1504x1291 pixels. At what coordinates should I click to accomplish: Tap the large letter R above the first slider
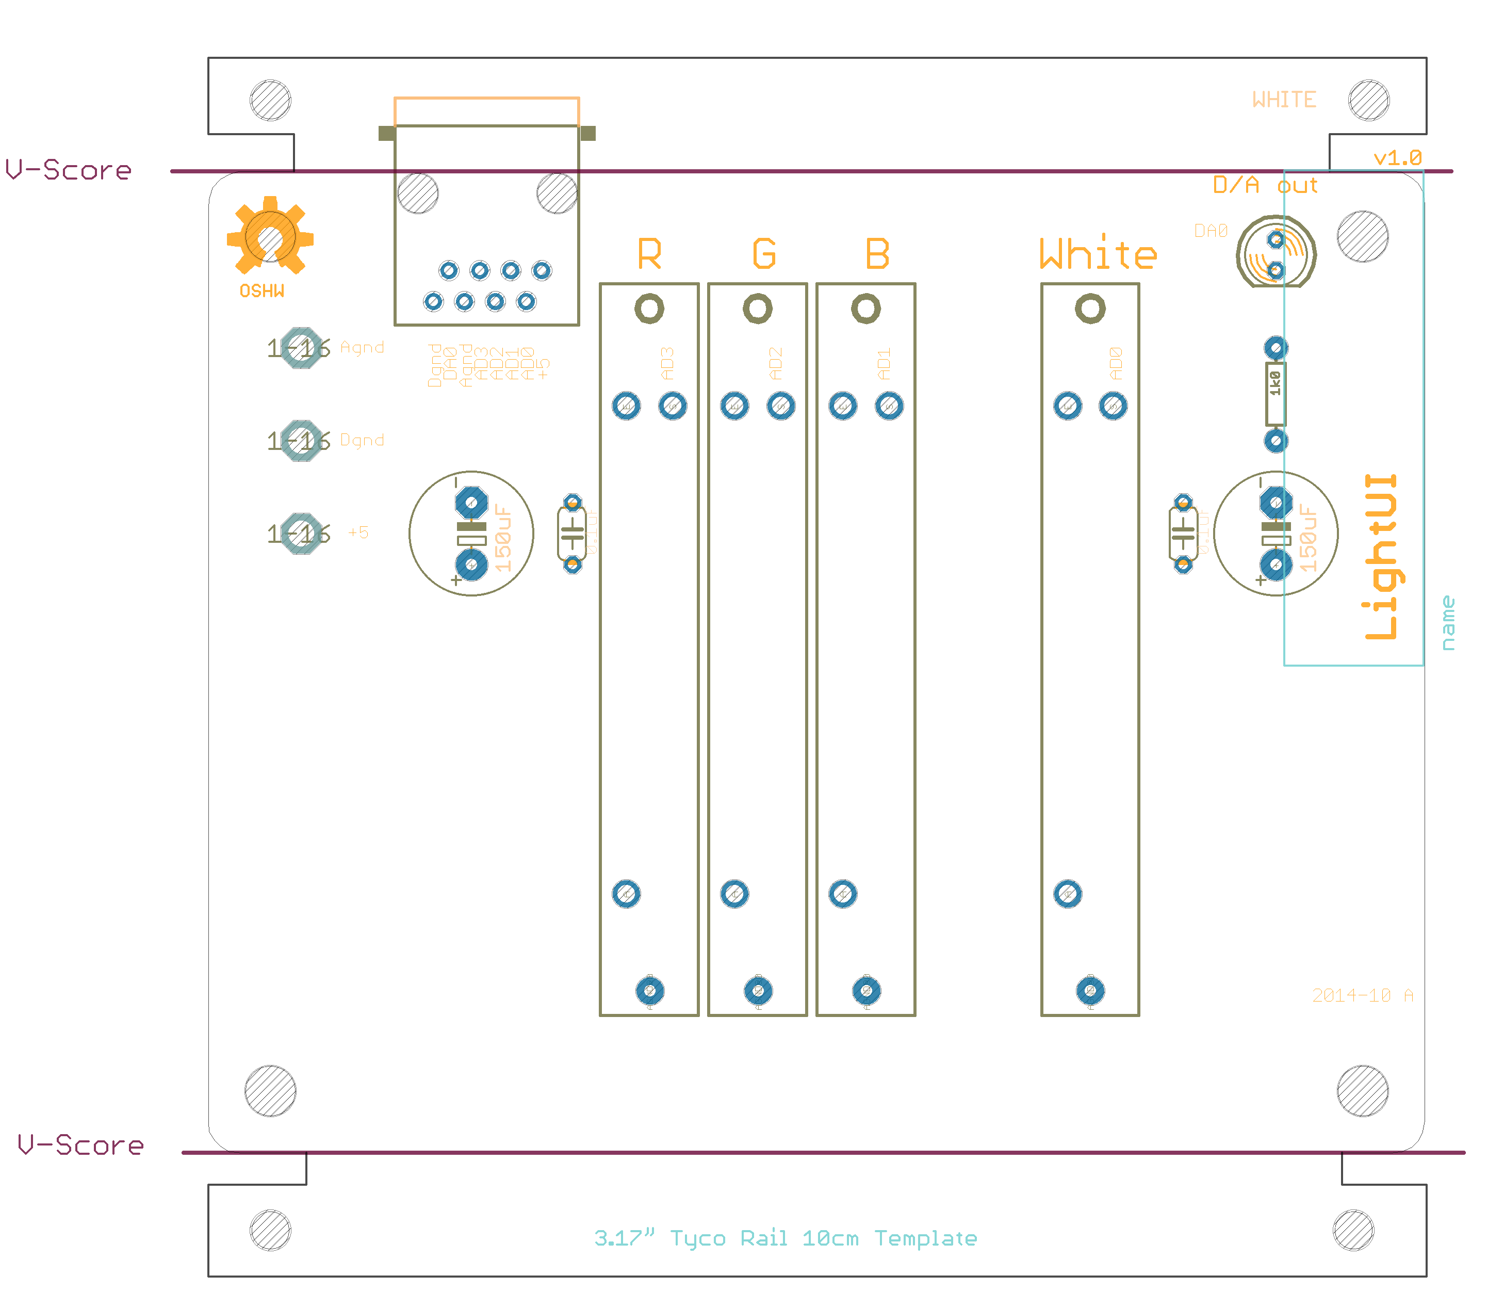point(650,254)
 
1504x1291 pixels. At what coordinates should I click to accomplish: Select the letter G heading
point(764,254)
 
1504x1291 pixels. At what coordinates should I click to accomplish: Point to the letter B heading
point(877,254)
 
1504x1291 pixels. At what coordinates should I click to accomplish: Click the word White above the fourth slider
point(1098,254)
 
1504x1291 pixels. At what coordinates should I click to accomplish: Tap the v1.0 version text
point(1397,157)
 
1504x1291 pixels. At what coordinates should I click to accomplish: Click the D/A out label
point(1265,185)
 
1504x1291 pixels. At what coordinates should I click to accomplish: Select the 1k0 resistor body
point(1276,394)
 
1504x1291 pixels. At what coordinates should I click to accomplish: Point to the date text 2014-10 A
point(1363,995)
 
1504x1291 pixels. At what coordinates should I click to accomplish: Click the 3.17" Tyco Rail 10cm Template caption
point(786,1238)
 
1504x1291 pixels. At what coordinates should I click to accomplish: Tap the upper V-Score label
point(69,170)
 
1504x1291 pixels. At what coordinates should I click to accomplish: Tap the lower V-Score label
point(80,1145)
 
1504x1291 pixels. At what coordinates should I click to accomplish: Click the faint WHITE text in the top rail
point(1284,100)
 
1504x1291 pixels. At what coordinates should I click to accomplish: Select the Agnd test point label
point(362,348)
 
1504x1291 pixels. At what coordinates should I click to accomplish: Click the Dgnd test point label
point(362,440)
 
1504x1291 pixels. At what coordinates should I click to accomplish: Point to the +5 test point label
point(358,532)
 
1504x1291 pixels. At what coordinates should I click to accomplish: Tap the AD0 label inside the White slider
point(1116,364)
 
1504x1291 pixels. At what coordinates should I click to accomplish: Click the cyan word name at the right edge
point(1448,623)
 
